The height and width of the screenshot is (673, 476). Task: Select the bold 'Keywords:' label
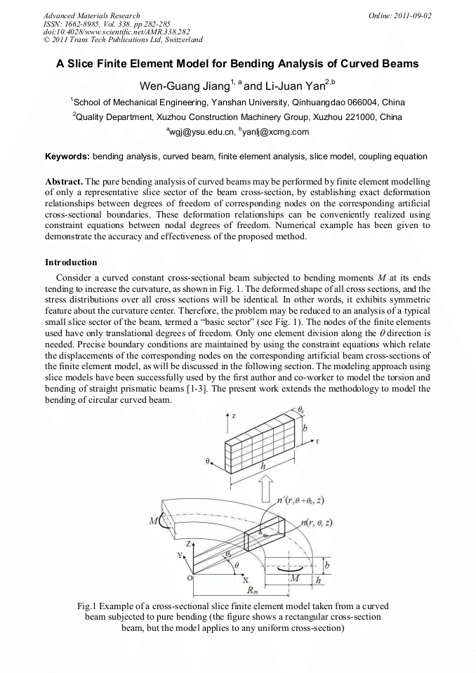tap(67, 156)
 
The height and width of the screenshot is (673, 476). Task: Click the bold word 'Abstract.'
tap(64, 181)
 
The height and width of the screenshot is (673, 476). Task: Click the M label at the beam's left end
tap(154, 522)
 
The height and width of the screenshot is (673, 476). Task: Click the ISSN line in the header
tap(97, 23)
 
